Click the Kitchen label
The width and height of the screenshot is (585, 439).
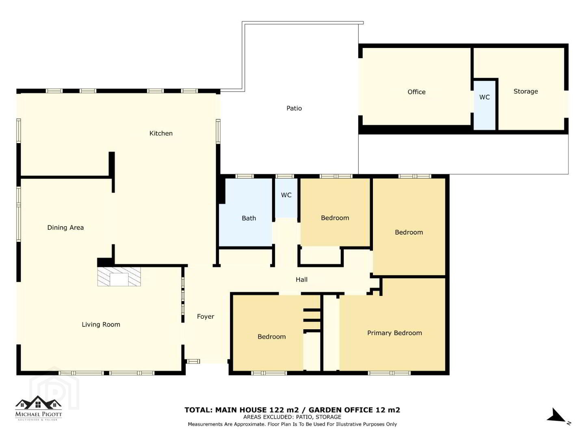(x=161, y=133)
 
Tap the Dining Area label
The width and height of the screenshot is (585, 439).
(x=65, y=228)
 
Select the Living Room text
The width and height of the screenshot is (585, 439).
(x=101, y=324)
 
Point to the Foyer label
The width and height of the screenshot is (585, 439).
(x=206, y=317)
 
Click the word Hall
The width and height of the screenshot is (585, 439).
(x=301, y=279)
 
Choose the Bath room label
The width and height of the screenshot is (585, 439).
(x=249, y=218)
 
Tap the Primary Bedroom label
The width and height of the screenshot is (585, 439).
(x=394, y=333)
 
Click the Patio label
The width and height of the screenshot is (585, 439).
(x=294, y=108)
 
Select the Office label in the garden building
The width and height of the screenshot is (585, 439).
(x=416, y=92)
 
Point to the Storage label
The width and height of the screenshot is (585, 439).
(x=526, y=91)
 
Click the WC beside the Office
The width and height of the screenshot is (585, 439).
(x=484, y=97)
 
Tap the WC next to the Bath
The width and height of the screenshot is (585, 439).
(x=286, y=195)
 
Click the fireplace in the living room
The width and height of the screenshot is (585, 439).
(x=119, y=276)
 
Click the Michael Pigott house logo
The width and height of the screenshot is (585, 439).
(x=38, y=408)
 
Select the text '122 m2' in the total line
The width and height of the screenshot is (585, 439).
(x=284, y=410)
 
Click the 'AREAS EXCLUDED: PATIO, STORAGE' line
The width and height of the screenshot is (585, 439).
(x=292, y=417)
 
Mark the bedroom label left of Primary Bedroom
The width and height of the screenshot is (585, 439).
(x=272, y=337)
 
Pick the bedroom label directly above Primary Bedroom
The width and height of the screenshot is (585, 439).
(x=409, y=232)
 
